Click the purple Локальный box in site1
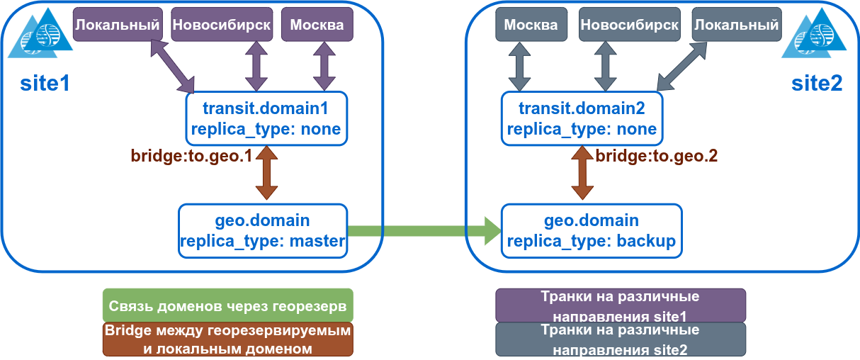click(117, 25)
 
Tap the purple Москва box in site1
click(317, 25)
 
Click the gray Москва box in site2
click(531, 25)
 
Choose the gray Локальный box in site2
click(737, 25)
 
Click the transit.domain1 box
click(266, 119)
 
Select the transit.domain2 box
click(582, 119)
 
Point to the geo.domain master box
click(263, 231)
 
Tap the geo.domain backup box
click(592, 231)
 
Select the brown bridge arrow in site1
click(267, 174)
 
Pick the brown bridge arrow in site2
click(582, 174)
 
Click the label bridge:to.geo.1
click(192, 157)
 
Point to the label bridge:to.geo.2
click(657, 157)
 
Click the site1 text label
click(45, 83)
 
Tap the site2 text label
click(817, 83)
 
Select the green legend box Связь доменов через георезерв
click(227, 306)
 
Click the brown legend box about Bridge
click(227, 339)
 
